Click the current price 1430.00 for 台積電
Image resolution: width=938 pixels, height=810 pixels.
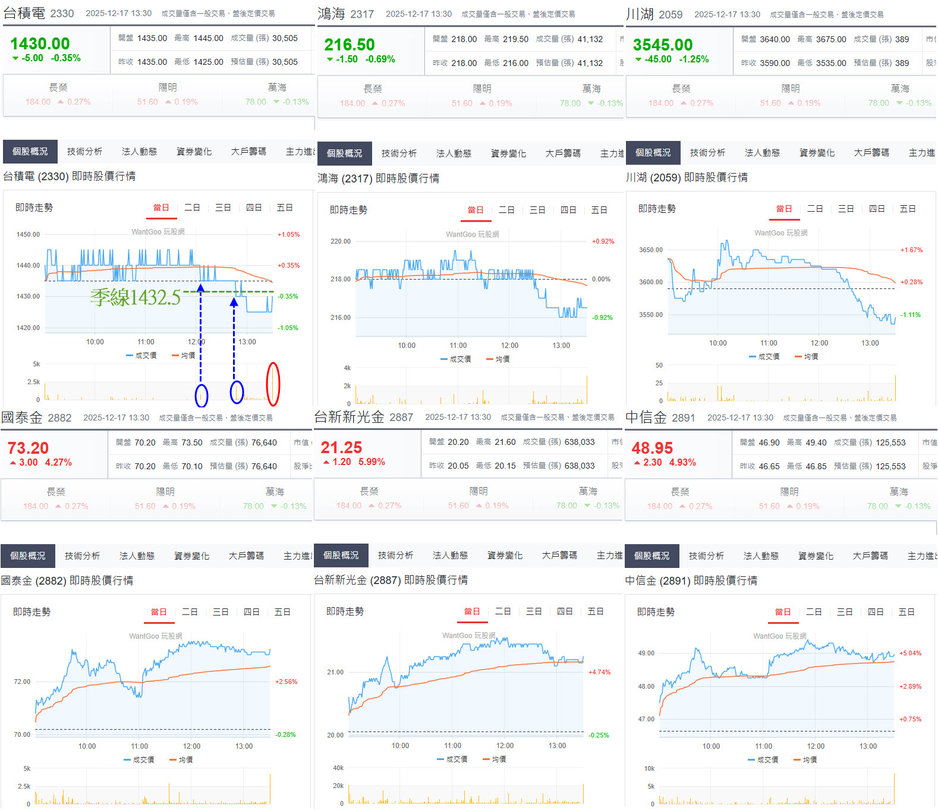click(40, 44)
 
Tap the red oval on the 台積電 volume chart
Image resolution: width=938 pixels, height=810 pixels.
click(273, 384)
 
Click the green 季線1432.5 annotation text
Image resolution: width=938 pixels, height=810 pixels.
click(136, 297)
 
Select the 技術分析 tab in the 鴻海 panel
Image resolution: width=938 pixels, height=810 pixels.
click(399, 153)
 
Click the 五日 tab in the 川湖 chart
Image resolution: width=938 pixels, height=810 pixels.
click(907, 209)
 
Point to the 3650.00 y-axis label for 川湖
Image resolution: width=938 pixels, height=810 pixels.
click(650, 250)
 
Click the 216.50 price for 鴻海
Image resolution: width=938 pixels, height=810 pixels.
click(350, 45)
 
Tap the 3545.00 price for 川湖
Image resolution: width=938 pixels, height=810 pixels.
click(662, 45)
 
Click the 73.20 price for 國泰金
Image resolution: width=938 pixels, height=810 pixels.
click(28, 448)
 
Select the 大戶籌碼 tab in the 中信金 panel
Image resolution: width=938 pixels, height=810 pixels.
click(871, 555)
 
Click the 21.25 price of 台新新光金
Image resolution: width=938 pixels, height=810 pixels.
click(341, 447)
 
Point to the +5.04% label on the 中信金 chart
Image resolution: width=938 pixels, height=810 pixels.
click(910, 653)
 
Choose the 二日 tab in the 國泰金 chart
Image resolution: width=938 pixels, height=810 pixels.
click(190, 612)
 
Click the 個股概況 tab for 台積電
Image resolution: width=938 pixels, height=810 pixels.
click(30, 152)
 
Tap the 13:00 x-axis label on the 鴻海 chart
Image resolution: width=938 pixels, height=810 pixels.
click(561, 346)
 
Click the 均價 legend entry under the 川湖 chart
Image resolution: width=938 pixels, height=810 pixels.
click(807, 357)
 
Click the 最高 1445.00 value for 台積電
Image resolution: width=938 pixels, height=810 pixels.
click(207, 38)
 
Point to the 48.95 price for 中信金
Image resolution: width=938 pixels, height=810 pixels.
click(651, 448)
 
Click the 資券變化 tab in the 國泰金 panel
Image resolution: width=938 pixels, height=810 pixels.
click(191, 555)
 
